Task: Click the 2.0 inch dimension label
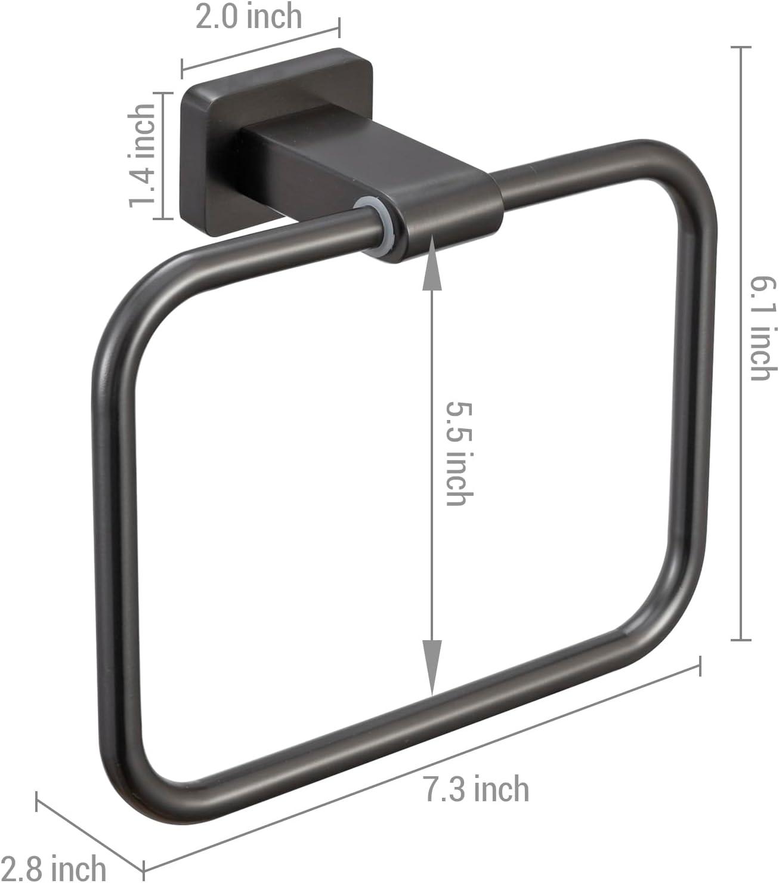249,17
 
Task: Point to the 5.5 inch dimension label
460,453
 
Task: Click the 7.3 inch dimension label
476,789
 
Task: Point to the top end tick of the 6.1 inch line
741,47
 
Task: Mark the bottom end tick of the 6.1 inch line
741,640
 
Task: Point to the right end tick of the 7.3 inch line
699,665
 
